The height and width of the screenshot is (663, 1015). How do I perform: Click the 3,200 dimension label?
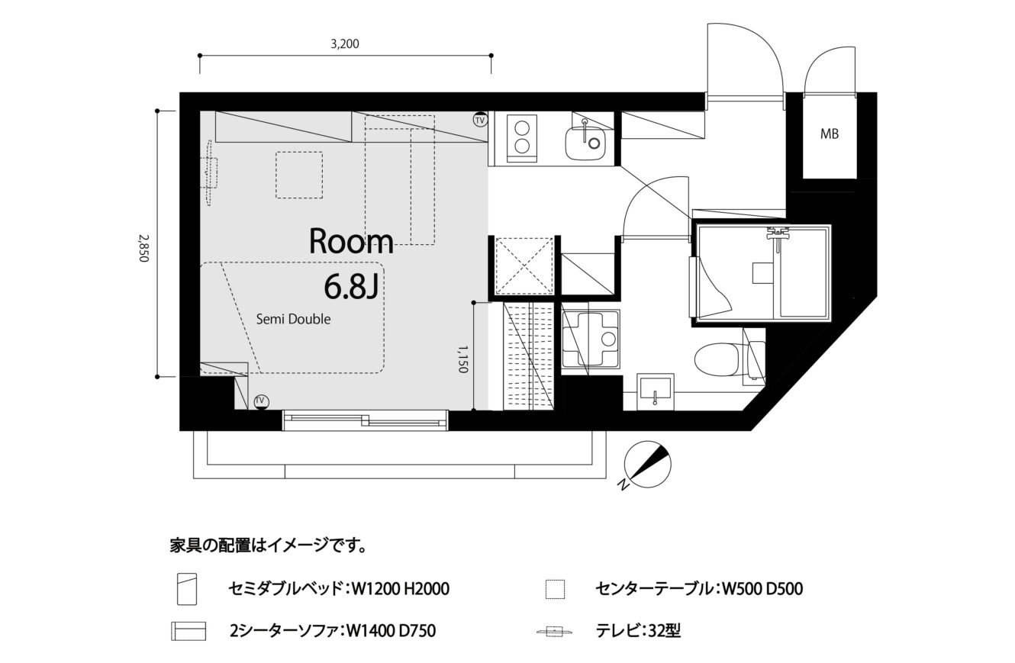pyautogui.click(x=345, y=44)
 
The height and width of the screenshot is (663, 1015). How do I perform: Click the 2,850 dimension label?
pyautogui.click(x=143, y=247)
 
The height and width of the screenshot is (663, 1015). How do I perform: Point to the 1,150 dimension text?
pyautogui.click(x=462, y=359)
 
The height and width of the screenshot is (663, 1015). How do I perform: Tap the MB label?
pyautogui.click(x=830, y=134)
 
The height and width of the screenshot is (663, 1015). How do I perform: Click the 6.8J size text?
pyautogui.click(x=352, y=287)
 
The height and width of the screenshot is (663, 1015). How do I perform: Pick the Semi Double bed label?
pyautogui.click(x=293, y=319)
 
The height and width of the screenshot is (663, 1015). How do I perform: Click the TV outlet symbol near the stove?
pyautogui.click(x=480, y=120)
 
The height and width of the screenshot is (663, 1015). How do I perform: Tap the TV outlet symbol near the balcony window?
pyautogui.click(x=260, y=401)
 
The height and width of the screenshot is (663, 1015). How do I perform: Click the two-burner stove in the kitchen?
pyautogui.click(x=521, y=138)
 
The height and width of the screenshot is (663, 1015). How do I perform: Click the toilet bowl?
pyautogui.click(x=717, y=359)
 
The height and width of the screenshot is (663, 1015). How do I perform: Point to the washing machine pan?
pyautogui.click(x=591, y=340)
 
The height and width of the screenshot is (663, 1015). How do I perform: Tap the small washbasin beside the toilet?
pyautogui.click(x=655, y=391)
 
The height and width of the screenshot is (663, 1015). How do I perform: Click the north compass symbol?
pyautogui.click(x=646, y=465)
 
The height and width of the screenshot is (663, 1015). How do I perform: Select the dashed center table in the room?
pyautogui.click(x=299, y=175)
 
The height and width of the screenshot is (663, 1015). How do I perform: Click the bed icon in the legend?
pyautogui.click(x=187, y=589)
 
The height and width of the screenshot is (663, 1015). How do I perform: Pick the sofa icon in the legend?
pyautogui.click(x=188, y=631)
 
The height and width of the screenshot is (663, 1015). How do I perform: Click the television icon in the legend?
pyautogui.click(x=555, y=631)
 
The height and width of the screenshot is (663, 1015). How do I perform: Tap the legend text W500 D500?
pyautogui.click(x=762, y=589)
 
